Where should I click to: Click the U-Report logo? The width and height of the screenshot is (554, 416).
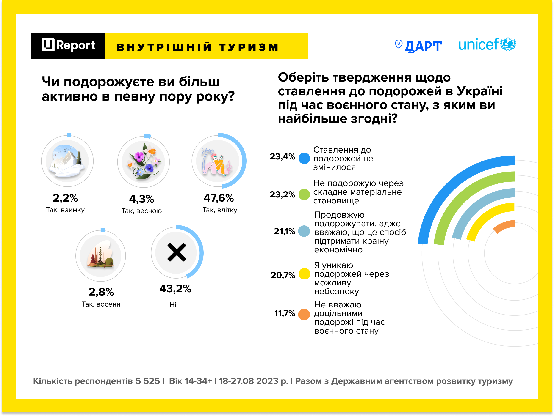(68, 45)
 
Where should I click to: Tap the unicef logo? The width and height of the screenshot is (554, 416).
(487, 44)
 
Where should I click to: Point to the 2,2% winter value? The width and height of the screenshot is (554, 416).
(65, 198)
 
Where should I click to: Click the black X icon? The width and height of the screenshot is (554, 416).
(177, 252)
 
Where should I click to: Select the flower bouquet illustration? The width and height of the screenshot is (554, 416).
(144, 161)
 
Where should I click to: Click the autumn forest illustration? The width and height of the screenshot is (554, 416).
(100, 255)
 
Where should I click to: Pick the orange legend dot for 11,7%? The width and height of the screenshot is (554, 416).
(304, 315)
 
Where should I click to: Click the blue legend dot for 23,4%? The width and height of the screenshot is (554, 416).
(304, 158)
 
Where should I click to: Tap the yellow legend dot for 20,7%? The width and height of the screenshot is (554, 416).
(304, 274)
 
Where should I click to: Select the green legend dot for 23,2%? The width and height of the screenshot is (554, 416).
(304, 194)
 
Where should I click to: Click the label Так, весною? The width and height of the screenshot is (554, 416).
(141, 211)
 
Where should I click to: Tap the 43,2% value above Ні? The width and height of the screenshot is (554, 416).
(175, 289)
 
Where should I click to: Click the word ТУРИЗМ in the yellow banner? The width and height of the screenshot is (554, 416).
(249, 47)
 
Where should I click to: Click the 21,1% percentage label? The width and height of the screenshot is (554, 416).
(284, 231)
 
